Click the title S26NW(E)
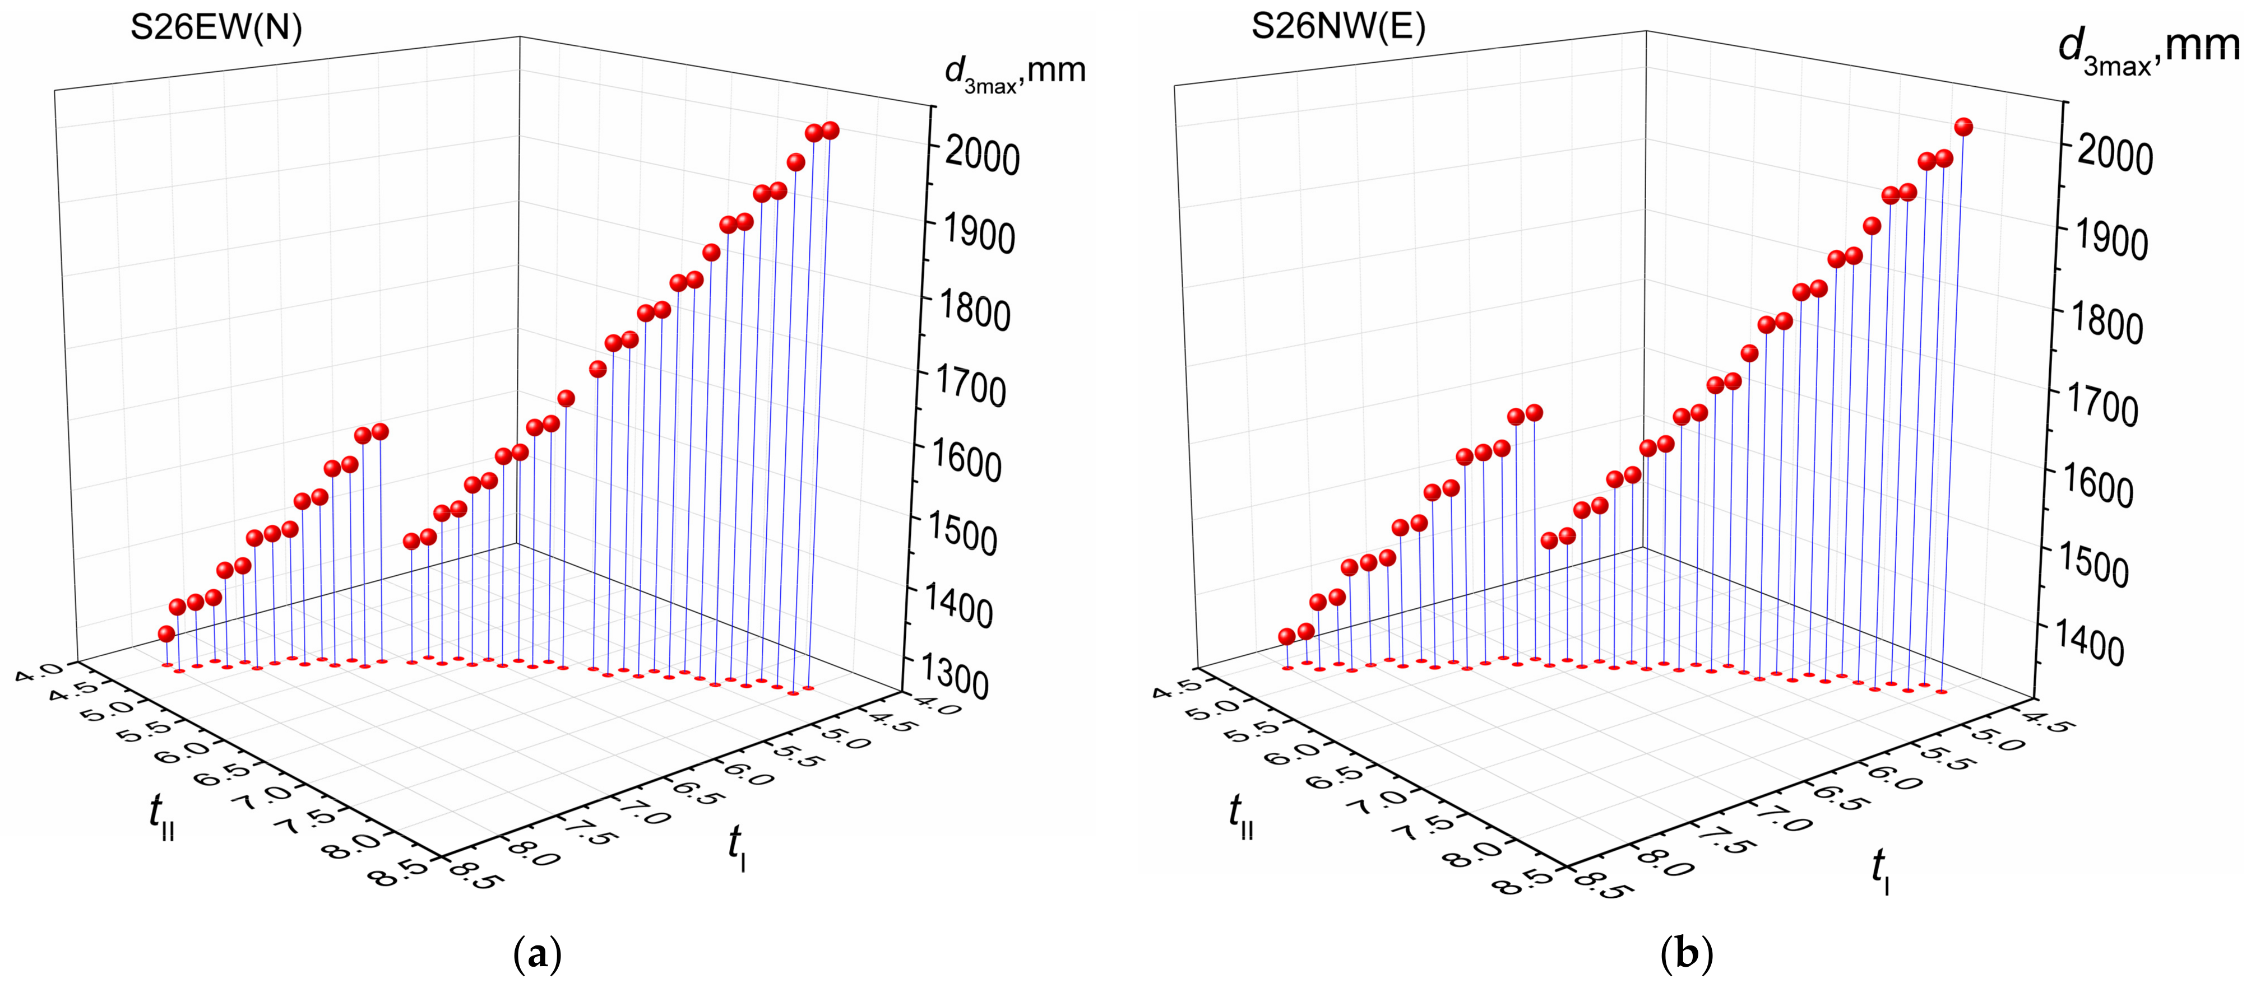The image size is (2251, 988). point(1338,26)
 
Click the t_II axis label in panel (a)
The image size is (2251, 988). point(161,816)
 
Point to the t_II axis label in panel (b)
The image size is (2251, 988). point(1241,816)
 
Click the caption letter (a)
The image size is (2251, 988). point(536,956)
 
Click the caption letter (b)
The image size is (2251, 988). point(1685,956)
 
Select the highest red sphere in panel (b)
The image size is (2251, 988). point(1963,127)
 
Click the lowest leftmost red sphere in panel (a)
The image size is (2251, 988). point(166,633)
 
